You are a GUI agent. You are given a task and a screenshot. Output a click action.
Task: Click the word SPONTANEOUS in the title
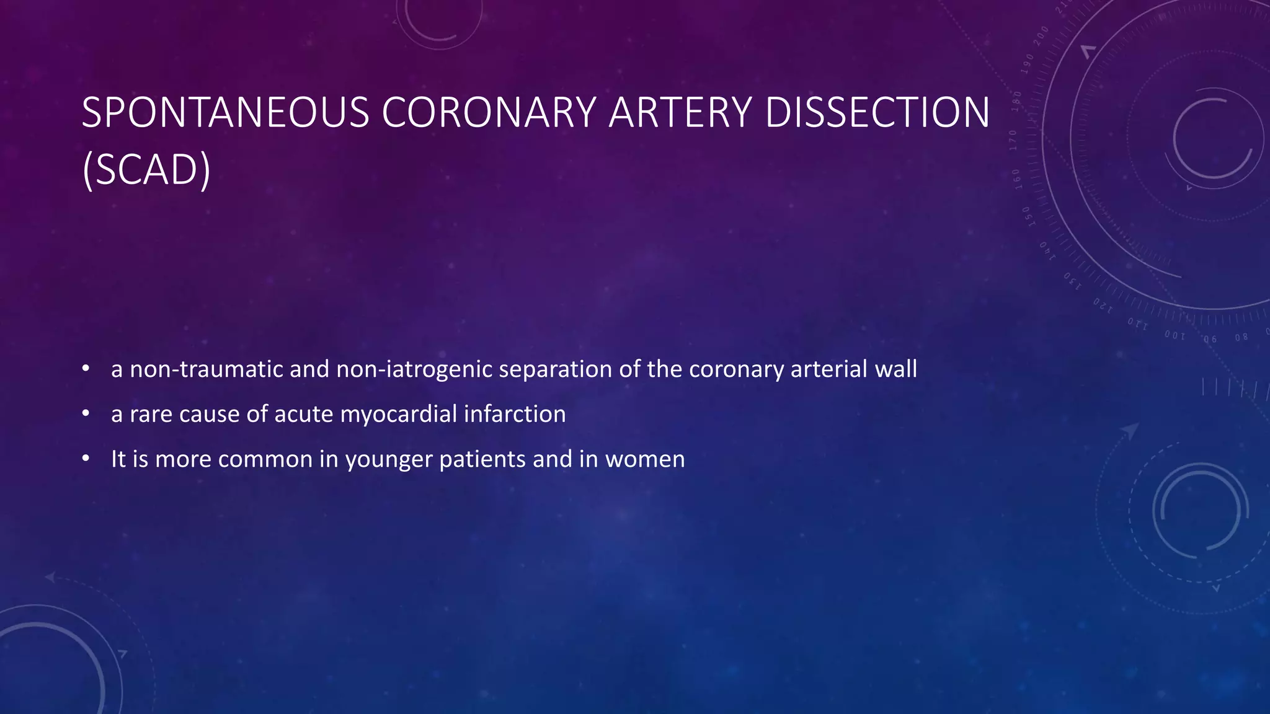coord(225,113)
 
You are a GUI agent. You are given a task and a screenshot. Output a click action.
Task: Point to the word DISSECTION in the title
coord(877,113)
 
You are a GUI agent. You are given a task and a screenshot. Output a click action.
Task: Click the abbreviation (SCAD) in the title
coord(146,169)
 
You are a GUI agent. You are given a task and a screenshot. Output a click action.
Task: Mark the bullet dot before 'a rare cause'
coord(86,413)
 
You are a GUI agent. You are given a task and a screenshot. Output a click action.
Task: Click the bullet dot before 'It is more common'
coord(86,459)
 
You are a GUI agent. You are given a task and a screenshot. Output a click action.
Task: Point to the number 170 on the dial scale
coord(1013,141)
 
